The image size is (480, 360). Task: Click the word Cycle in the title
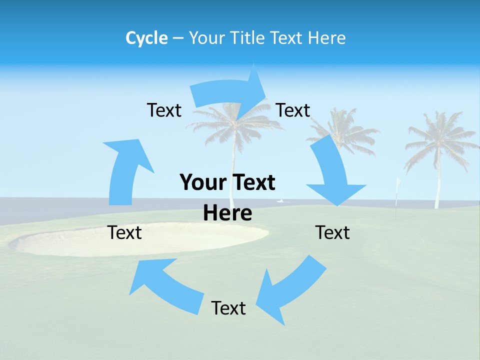[x=146, y=38]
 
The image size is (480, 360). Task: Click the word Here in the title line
[x=325, y=38]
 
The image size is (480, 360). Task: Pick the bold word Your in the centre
[x=202, y=182]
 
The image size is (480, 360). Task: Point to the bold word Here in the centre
[x=227, y=212]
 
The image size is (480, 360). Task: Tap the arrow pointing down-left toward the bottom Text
[x=290, y=290]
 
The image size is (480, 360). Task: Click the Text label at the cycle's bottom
[x=228, y=308]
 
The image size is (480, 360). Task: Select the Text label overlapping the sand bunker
[x=124, y=232]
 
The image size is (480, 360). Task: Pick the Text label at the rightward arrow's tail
[x=164, y=110]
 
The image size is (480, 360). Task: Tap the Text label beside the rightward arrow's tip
[x=293, y=110]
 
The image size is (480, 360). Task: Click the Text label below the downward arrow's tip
[x=332, y=232]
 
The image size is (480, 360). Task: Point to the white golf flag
[x=398, y=182]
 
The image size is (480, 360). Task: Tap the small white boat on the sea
[x=280, y=201]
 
